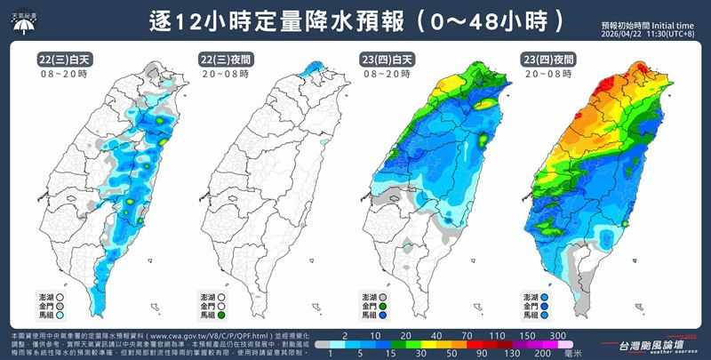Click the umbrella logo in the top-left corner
point(21,23)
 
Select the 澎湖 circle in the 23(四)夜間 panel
point(554,295)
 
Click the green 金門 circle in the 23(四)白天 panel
point(394,305)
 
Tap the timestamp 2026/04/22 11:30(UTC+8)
point(646,35)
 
